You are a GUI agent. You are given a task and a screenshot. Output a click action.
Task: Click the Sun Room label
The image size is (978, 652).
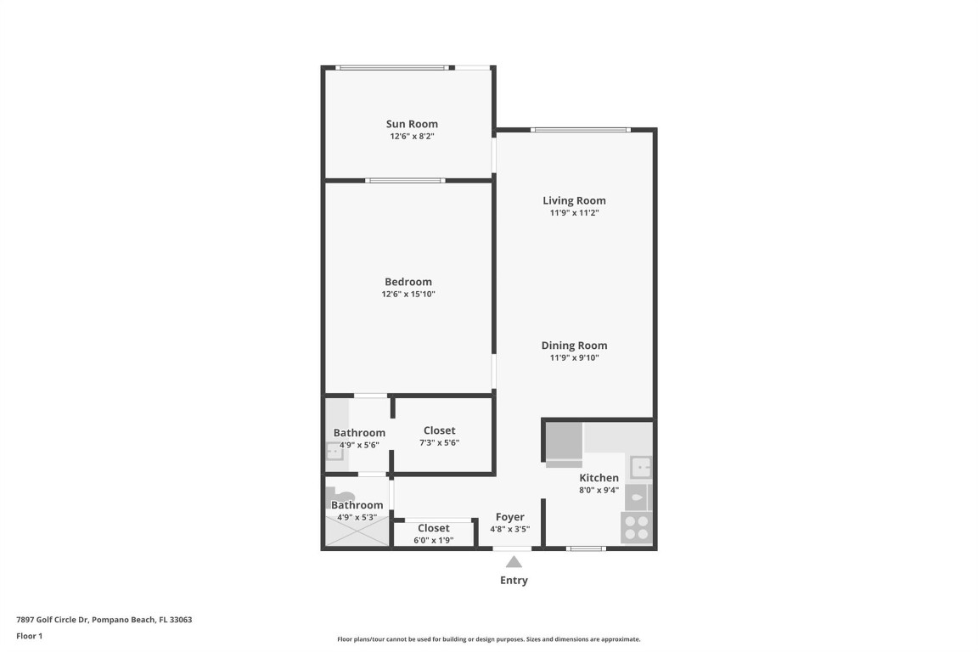[x=412, y=124]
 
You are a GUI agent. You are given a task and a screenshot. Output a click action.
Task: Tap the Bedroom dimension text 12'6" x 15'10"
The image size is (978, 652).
[x=408, y=295]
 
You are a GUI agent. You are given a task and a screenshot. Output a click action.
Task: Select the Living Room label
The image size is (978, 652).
[x=574, y=201]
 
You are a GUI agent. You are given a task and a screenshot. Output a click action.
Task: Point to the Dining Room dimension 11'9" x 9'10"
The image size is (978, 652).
[x=574, y=358]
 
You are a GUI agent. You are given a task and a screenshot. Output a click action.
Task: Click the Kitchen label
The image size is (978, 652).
[x=599, y=478]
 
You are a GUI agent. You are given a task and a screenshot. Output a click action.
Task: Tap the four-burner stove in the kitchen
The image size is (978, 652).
[x=637, y=528]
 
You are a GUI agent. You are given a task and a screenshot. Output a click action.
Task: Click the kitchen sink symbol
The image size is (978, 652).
[x=640, y=467]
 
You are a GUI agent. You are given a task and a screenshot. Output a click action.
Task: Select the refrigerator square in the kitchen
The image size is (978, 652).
[x=563, y=441]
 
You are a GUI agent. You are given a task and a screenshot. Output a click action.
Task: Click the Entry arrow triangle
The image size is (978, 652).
[x=514, y=561]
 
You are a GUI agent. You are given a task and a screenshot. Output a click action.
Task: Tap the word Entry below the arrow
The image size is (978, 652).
[x=514, y=581]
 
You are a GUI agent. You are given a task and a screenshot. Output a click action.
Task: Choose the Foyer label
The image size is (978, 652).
[x=510, y=517]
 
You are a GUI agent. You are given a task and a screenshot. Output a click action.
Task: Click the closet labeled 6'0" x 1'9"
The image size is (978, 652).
[x=433, y=534]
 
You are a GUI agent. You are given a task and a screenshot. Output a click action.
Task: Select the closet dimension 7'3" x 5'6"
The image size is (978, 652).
[x=439, y=442]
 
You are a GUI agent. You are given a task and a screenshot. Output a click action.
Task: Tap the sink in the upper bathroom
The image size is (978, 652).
[x=334, y=452]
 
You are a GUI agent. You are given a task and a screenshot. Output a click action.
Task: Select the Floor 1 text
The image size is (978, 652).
[x=29, y=636]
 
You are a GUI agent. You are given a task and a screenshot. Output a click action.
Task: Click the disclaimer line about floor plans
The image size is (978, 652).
[x=488, y=639]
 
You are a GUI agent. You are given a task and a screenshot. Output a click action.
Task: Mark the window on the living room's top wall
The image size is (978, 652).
[x=581, y=130]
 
